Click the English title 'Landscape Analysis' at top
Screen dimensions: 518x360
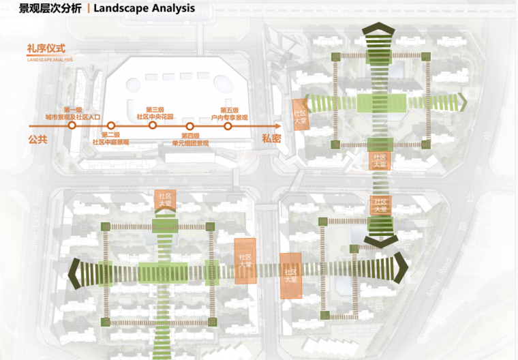144,9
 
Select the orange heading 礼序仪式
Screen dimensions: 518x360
46,48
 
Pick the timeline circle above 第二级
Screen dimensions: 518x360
111,125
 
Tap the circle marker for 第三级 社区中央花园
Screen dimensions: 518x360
153,125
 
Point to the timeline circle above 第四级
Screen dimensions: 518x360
190,125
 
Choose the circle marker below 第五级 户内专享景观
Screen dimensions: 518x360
228,125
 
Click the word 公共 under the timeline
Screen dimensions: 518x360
37,139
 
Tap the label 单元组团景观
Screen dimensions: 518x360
190,143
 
